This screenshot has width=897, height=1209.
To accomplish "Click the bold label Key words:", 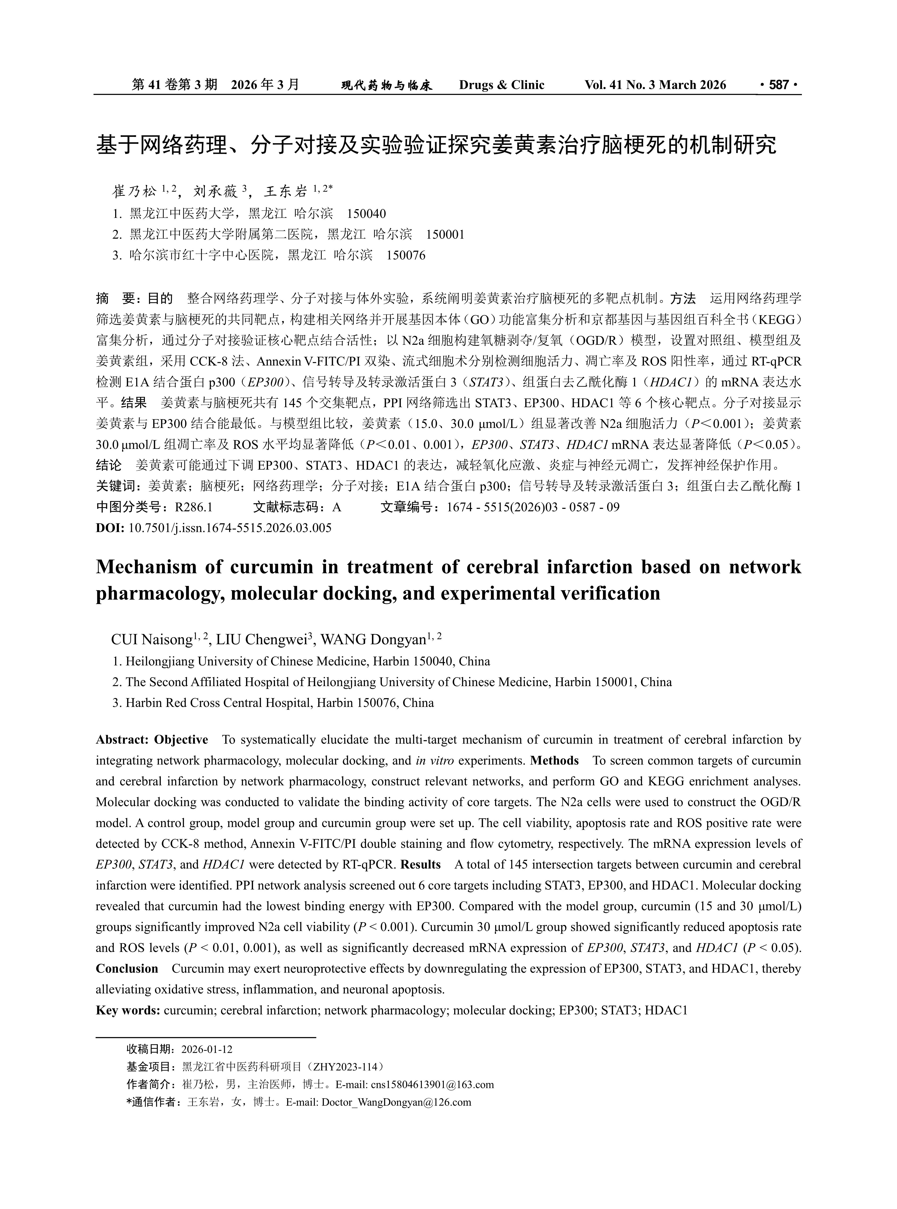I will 128,1010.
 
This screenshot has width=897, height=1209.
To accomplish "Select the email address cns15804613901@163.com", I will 432,1085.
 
